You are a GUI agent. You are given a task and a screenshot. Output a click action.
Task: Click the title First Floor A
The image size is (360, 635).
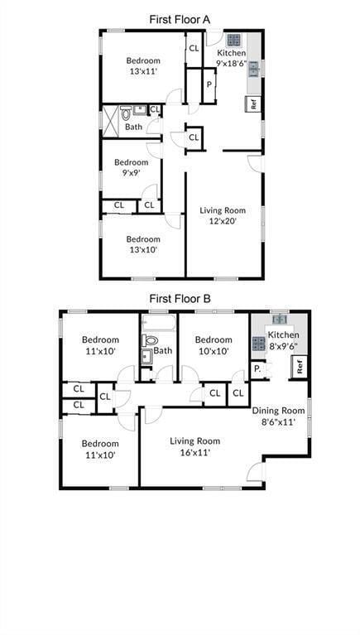(180, 18)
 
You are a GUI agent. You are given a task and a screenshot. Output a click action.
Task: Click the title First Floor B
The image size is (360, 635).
(180, 298)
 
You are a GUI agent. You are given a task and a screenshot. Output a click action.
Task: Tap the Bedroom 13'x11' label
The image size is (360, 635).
(142, 65)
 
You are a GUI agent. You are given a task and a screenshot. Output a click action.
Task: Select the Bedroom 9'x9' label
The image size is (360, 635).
(131, 167)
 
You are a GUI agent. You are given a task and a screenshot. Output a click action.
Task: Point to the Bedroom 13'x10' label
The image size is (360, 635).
(142, 243)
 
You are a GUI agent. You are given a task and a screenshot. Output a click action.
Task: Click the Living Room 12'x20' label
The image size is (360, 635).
(223, 215)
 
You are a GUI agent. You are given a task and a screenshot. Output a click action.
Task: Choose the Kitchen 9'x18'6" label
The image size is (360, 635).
(231, 57)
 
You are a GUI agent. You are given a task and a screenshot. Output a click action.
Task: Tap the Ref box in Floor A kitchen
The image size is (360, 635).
(253, 104)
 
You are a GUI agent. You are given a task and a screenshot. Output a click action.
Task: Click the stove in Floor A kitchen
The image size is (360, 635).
(234, 39)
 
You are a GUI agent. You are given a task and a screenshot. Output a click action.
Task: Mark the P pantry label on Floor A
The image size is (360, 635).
(209, 84)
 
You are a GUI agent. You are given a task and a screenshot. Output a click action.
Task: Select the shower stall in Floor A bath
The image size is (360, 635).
(110, 120)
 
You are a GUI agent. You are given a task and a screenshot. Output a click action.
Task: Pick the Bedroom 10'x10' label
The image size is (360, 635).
(214, 344)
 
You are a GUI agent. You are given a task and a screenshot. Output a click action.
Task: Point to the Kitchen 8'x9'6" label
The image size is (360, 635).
(282, 340)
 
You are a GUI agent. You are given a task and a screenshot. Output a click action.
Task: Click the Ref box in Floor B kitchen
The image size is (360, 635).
(300, 365)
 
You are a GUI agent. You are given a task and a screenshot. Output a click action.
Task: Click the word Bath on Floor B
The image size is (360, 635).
(163, 350)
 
